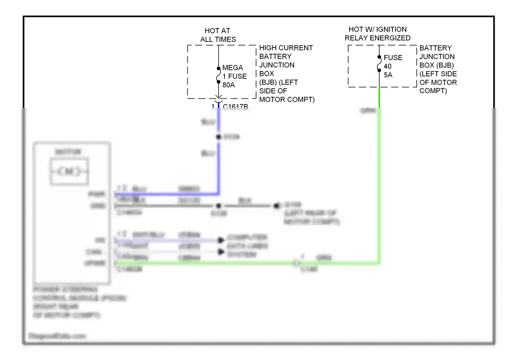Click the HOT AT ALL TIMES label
click(x=218, y=35)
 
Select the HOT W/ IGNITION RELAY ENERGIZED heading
click(x=378, y=34)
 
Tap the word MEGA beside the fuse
click(x=233, y=67)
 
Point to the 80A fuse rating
click(x=228, y=85)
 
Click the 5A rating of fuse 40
click(x=388, y=75)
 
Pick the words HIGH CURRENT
click(x=286, y=48)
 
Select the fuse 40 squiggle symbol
click(x=379, y=64)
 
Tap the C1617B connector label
click(x=235, y=106)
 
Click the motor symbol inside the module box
click(x=70, y=172)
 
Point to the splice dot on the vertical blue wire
click(x=219, y=137)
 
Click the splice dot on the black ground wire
click(x=219, y=206)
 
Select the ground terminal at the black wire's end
click(x=277, y=205)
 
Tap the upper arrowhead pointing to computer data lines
click(x=221, y=240)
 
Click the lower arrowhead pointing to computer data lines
click(x=221, y=252)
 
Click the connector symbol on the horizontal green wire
click(x=297, y=263)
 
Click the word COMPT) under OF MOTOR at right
click(x=433, y=91)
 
